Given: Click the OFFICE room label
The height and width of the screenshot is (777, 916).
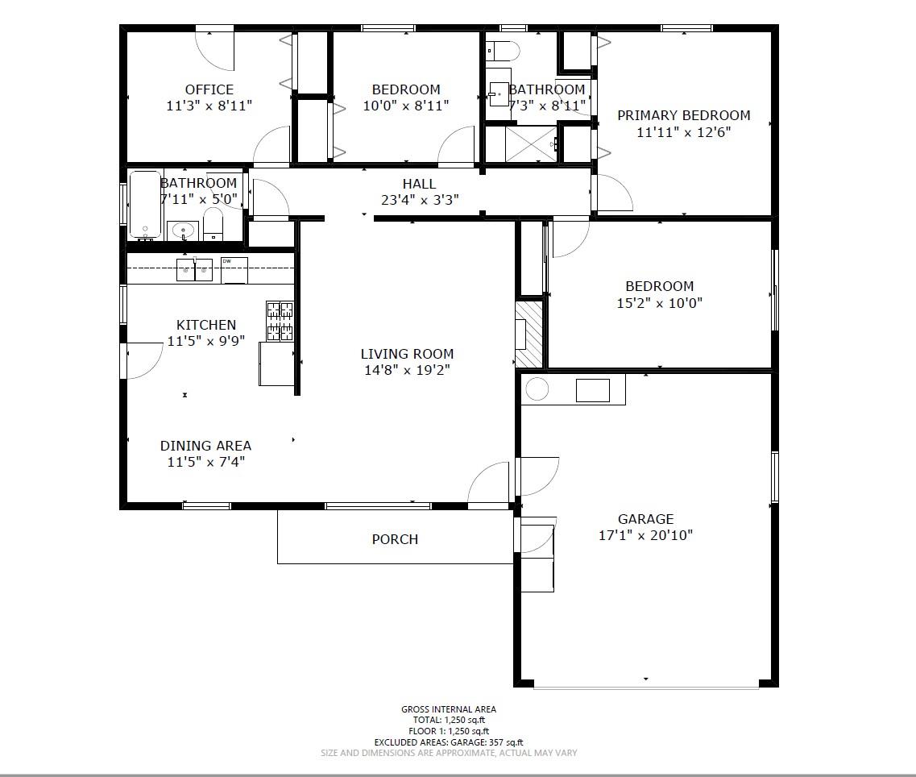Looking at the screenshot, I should tap(209, 89).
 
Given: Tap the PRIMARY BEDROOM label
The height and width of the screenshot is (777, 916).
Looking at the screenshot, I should tap(683, 115).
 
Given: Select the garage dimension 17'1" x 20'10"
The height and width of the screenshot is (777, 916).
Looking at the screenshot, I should tap(645, 535).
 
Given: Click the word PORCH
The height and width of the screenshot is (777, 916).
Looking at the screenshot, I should tap(395, 539).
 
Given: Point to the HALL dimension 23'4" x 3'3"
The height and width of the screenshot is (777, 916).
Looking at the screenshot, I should tap(419, 200).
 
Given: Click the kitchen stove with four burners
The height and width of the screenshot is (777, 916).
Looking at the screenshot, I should tap(280, 321).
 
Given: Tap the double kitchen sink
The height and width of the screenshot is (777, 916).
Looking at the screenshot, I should tap(195, 270).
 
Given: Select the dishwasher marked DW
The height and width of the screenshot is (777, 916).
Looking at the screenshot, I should tap(234, 271).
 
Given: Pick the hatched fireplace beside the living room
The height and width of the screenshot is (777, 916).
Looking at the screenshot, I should tap(529, 334).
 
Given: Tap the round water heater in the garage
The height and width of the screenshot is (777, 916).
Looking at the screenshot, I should tap(537, 390).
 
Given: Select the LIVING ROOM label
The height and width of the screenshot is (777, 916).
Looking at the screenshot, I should tap(406, 354).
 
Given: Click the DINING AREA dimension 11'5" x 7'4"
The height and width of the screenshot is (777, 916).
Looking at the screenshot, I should tap(205, 462).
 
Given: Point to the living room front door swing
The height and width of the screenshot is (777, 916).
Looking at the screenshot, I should tap(491, 485).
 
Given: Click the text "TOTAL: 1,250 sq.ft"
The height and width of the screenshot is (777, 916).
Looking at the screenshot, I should tap(449, 720).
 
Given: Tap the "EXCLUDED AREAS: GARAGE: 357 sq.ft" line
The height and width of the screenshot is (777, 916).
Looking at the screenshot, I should tap(449, 742).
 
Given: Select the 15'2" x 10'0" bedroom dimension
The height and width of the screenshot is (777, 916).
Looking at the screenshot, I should tap(659, 303).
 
